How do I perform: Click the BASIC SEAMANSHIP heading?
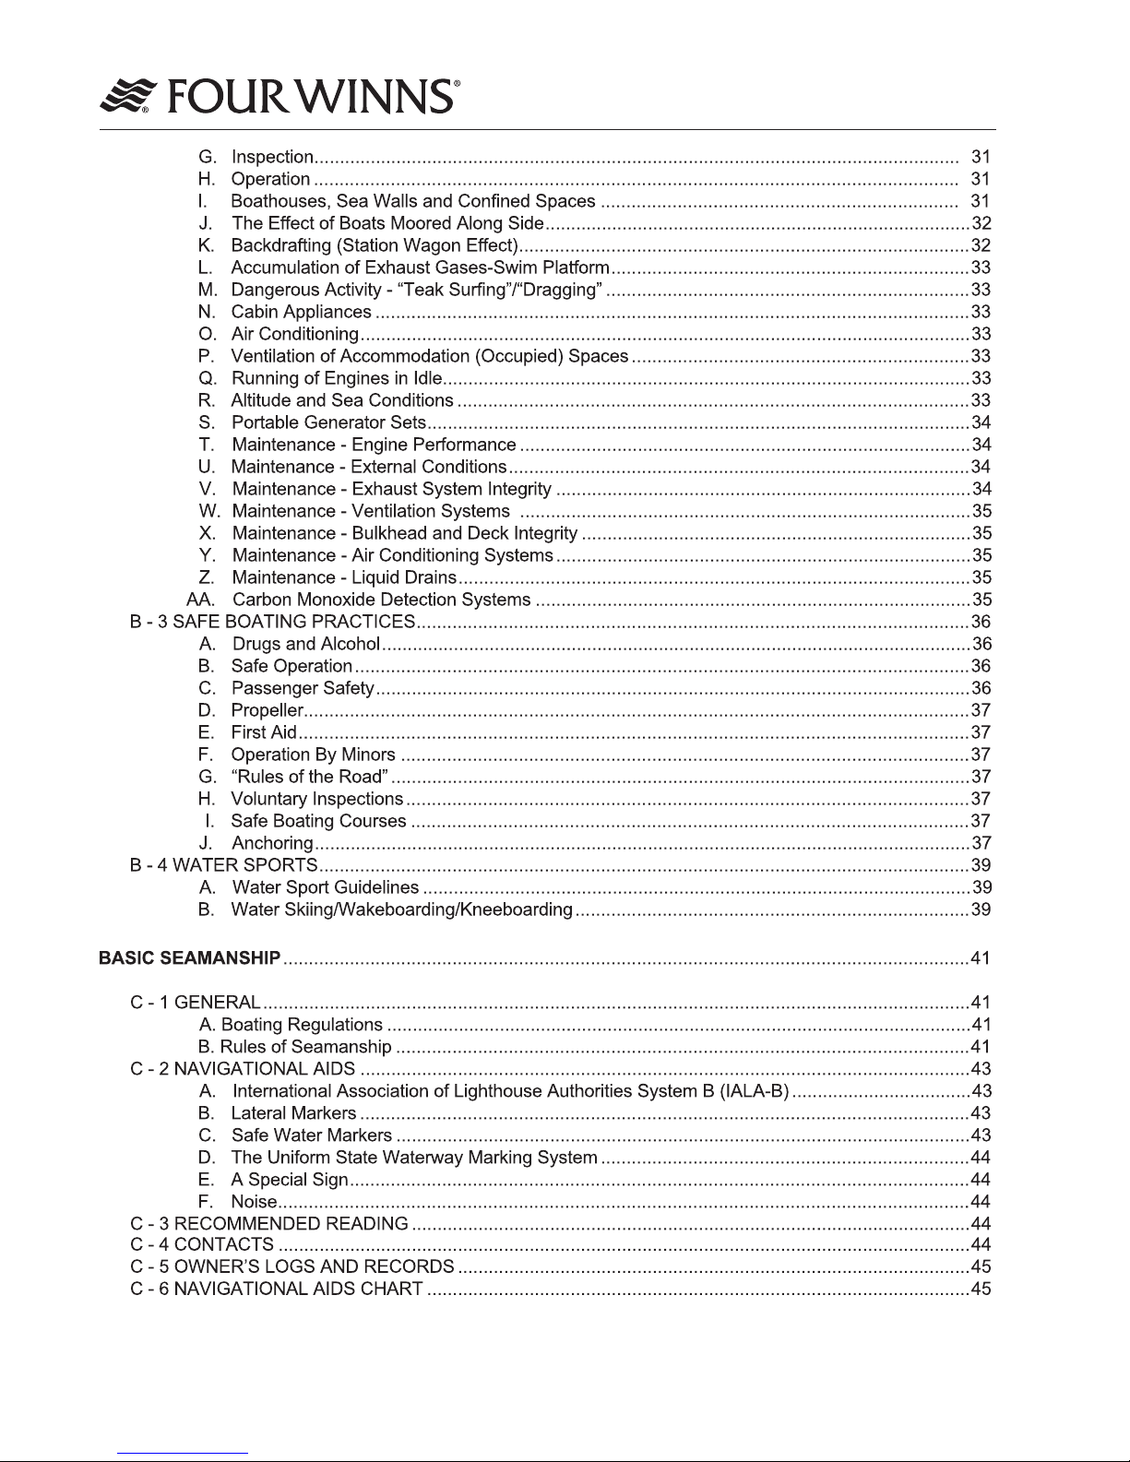[189, 958]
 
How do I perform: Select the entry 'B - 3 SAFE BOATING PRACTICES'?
[272, 622]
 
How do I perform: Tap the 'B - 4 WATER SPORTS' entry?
[224, 865]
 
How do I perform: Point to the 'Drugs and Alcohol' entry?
[305, 644]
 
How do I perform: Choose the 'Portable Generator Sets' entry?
[328, 422]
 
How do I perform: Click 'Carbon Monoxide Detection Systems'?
[381, 600]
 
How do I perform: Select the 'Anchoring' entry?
[272, 843]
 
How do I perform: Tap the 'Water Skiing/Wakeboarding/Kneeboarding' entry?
[401, 909]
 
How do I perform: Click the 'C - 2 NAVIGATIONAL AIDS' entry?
[243, 1069]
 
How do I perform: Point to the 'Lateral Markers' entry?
[293, 1113]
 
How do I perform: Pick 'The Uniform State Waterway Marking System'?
[414, 1158]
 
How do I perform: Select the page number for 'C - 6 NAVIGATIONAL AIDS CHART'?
[981, 1289]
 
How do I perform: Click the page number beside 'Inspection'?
[981, 157]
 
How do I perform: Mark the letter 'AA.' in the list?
[201, 600]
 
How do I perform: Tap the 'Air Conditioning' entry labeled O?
[294, 334]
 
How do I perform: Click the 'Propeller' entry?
[267, 710]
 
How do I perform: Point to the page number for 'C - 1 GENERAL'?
[981, 1003]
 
